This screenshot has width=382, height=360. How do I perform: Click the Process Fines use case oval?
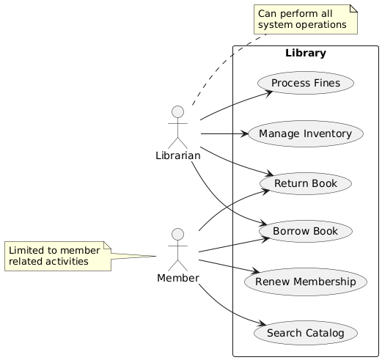click(x=305, y=84)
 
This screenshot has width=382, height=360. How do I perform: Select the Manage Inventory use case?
click(x=305, y=133)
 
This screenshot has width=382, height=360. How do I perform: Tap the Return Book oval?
click(x=305, y=183)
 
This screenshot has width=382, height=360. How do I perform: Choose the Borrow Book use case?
click(x=305, y=232)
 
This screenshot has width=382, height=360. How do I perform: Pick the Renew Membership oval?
click(x=305, y=282)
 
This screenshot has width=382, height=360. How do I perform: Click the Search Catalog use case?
click(x=305, y=333)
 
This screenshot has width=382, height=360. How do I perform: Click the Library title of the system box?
click(x=305, y=54)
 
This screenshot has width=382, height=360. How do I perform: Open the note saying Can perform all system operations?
click(x=304, y=19)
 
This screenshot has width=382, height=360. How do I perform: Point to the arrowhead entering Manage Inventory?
click(x=244, y=133)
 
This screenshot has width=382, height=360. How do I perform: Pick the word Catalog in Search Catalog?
click(x=323, y=333)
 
